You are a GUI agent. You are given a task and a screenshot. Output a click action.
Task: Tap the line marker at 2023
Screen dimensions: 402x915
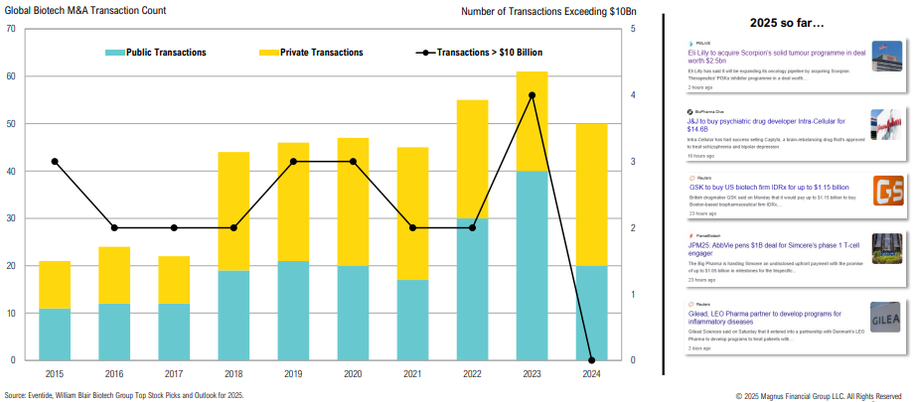click(x=533, y=95)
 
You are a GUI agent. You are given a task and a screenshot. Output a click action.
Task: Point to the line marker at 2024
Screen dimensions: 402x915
click(x=592, y=359)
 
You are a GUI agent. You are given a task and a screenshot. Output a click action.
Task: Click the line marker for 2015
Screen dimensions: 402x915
click(x=55, y=162)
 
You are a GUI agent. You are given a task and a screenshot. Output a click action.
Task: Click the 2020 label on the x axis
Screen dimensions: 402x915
click(x=353, y=375)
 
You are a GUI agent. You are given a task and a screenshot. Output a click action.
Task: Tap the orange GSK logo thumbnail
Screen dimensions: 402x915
click(x=886, y=191)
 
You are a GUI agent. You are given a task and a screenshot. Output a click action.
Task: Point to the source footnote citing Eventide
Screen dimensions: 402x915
click(x=124, y=394)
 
